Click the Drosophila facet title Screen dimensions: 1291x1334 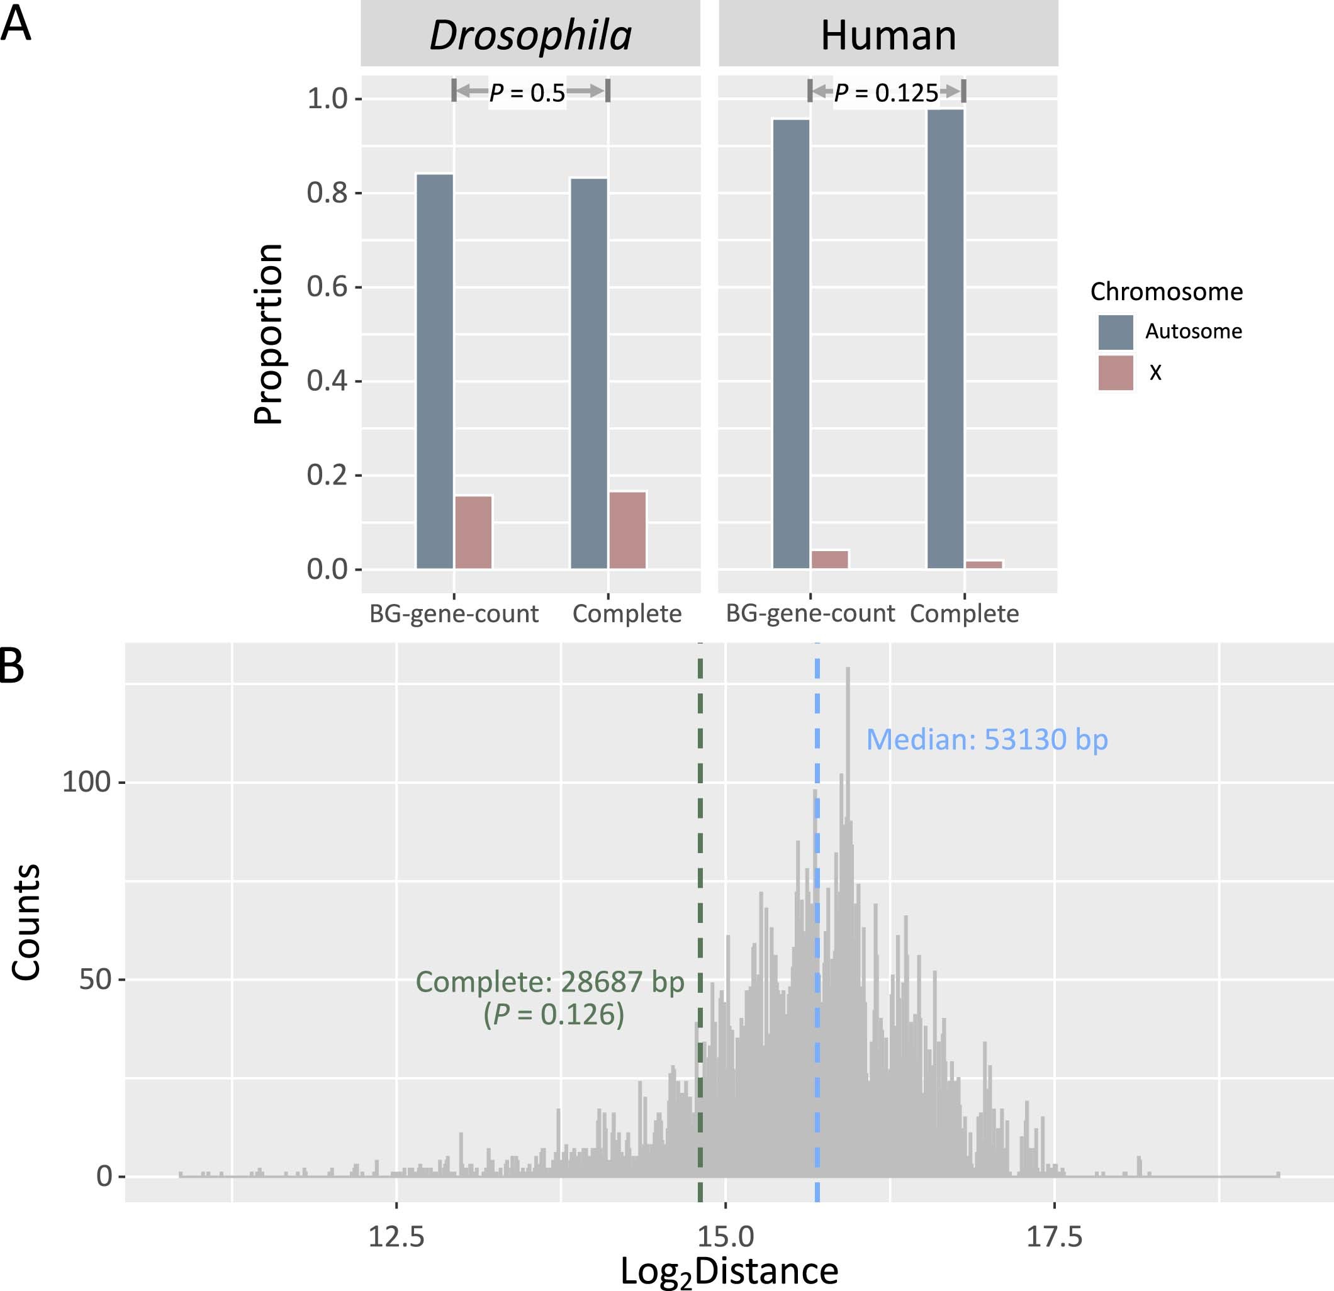530,35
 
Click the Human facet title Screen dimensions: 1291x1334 888,35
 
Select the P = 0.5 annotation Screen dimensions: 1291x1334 527,92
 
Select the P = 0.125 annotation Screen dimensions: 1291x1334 886,92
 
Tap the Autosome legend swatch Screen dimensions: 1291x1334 1116,332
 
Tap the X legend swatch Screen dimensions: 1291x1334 1116,373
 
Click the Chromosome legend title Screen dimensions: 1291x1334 1166,291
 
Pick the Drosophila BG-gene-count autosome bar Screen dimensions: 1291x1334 435,371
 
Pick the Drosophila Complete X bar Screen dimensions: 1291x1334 627,530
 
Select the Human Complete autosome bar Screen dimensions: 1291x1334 945,338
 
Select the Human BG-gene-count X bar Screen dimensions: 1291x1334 829,559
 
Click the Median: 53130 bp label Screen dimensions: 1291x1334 986,739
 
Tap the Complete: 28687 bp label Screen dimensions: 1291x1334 550,982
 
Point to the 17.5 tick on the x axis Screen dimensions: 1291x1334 1053,1236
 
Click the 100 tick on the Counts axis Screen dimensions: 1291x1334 86,782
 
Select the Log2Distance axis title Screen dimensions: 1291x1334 729,1271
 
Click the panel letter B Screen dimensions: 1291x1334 11,667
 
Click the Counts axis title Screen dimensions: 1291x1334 26,922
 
